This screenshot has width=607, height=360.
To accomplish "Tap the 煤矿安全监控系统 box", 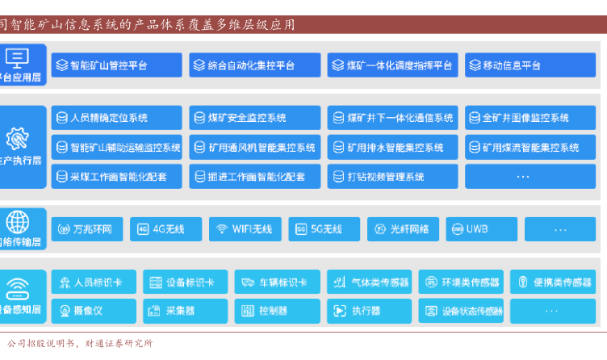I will [x=254, y=118].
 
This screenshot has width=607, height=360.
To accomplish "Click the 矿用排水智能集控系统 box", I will [x=392, y=148].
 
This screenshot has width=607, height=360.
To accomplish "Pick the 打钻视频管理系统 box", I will [x=392, y=177].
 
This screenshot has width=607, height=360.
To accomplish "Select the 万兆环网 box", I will [x=87, y=229].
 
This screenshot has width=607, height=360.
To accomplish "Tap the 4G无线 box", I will [x=165, y=229].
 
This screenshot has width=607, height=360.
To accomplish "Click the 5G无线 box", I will [x=324, y=229].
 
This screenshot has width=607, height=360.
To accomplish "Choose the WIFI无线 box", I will [x=245, y=229].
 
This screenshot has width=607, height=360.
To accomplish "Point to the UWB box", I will [x=481, y=229].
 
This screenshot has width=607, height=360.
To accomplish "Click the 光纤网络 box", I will [x=402, y=229].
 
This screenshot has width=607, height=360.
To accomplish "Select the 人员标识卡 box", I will [x=94, y=283].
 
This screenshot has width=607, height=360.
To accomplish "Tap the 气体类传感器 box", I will [x=369, y=283].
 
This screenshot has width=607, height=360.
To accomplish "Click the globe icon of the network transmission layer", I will [x=17, y=221].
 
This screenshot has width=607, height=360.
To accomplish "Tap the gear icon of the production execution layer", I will [x=17, y=137].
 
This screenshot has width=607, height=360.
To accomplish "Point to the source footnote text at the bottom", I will [x=80, y=343].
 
